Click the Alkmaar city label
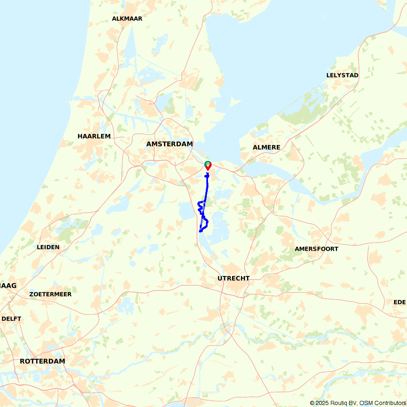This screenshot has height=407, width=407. (127, 19)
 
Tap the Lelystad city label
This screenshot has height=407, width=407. (342, 75)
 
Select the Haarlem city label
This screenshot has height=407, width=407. (94, 136)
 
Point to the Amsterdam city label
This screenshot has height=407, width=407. (169, 144)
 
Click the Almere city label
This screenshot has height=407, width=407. (267, 147)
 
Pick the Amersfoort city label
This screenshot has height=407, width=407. (316, 249)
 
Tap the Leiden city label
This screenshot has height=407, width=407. (48, 247)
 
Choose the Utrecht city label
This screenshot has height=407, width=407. (233, 278)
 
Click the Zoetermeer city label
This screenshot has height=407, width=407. (50, 294)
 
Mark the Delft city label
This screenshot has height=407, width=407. (11, 319)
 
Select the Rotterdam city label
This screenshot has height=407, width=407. (42, 361)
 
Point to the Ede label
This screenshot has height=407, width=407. (400, 302)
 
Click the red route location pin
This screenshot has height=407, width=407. (208, 166)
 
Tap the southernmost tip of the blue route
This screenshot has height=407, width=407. (200, 232)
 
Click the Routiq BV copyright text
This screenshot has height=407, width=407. (333, 403)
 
